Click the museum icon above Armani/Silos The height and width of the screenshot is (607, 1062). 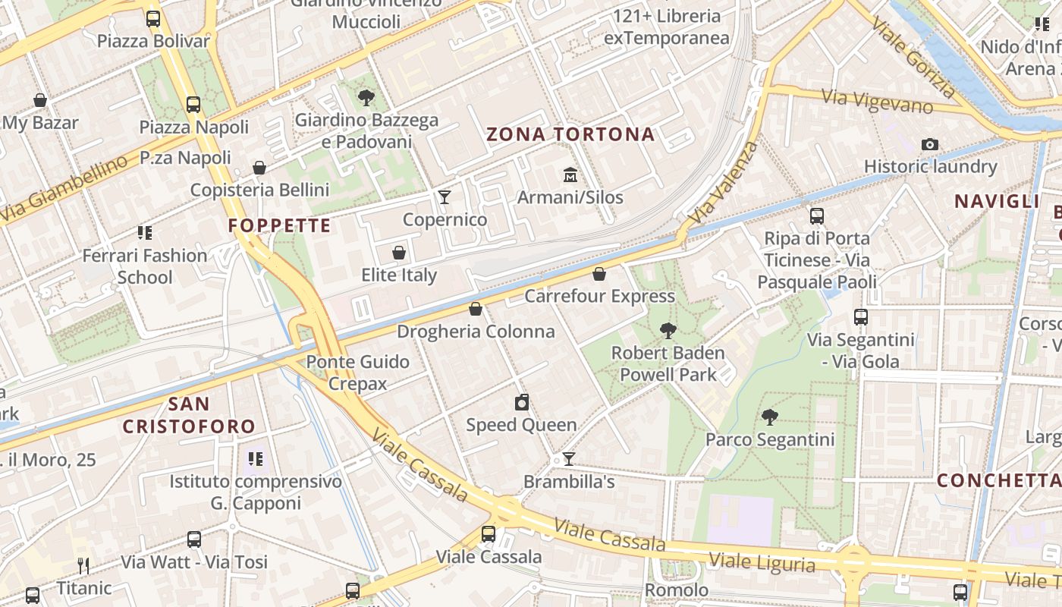pyautogui.click(x=570, y=176)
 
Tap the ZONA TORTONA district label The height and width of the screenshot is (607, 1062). pyautogui.click(x=570, y=135)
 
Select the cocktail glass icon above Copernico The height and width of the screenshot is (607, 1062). pyautogui.click(x=445, y=197)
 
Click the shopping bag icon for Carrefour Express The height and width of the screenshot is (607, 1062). pyautogui.click(x=599, y=274)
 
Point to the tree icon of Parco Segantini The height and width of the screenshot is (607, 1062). pyautogui.click(x=769, y=417)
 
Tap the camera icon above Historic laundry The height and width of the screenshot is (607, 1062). pyautogui.click(x=929, y=144)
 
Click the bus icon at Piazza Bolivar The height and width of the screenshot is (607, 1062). pyautogui.click(x=153, y=19)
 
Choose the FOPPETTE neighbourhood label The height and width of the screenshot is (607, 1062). pyautogui.click(x=279, y=225)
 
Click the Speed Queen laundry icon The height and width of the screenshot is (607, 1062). pyautogui.click(x=521, y=402)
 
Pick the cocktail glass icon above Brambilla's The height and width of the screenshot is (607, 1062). pyautogui.click(x=568, y=459)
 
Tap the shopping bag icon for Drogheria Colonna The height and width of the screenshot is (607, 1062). pyautogui.click(x=476, y=309)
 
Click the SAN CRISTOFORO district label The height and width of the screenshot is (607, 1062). pyautogui.click(x=189, y=415)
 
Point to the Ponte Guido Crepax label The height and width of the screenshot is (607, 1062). pyautogui.click(x=357, y=373)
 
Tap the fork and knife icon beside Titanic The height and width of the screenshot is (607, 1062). pyautogui.click(x=83, y=565)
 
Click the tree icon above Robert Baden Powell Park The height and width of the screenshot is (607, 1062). pyautogui.click(x=668, y=330)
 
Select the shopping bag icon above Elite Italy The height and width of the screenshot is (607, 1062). pyautogui.click(x=399, y=253)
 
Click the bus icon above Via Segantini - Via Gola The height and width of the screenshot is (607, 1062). pyautogui.click(x=861, y=317)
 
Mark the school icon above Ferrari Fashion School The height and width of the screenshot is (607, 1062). pyautogui.click(x=144, y=233)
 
